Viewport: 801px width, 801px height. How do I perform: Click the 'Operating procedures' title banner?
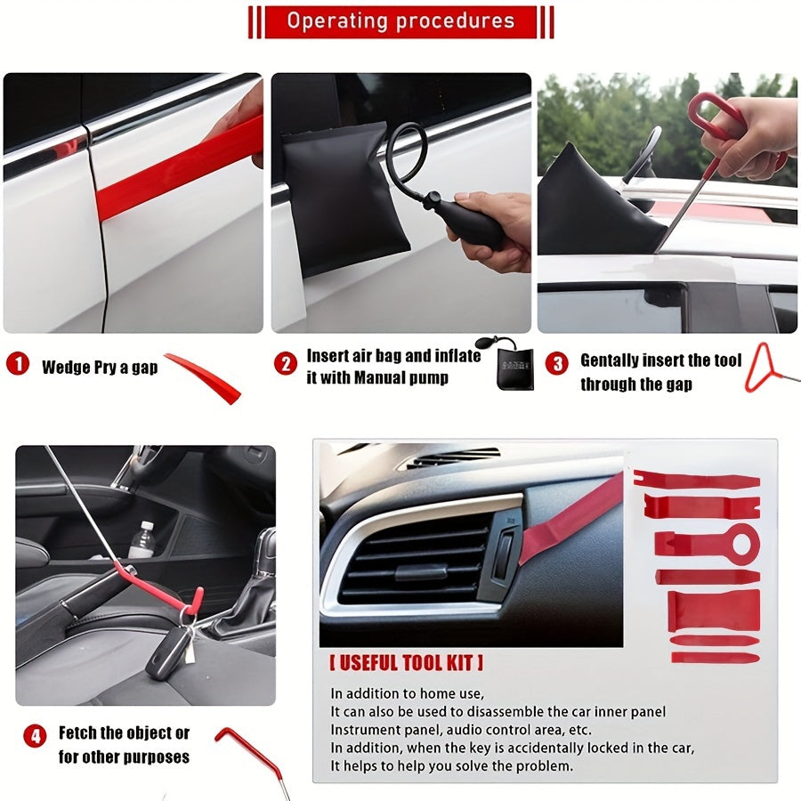[x=400, y=21]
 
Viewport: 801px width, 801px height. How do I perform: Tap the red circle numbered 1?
[x=18, y=365]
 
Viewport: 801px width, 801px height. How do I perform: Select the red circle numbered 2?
[x=285, y=363]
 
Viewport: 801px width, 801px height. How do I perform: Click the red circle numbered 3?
[x=557, y=363]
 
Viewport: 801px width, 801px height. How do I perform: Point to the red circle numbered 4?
[x=35, y=736]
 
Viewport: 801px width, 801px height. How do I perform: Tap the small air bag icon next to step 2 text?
[x=512, y=362]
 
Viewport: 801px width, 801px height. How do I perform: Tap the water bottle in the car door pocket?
[x=142, y=540]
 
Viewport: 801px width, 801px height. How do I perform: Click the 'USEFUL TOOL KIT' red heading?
[x=407, y=663]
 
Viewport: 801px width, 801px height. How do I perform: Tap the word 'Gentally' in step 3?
[x=610, y=360]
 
